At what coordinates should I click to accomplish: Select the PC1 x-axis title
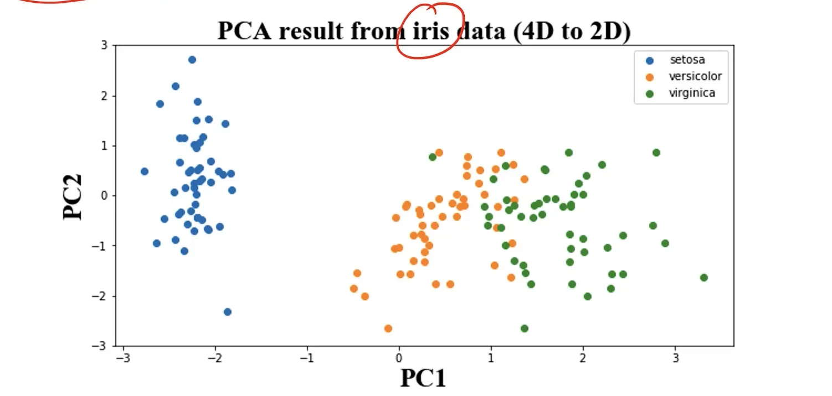point(423,378)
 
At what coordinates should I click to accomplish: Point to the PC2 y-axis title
point(73,197)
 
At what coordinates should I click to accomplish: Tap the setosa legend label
point(687,60)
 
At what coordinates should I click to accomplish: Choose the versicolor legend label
point(696,76)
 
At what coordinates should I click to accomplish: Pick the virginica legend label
point(692,93)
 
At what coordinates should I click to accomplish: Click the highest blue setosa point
point(192,60)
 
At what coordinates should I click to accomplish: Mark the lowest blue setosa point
point(227,312)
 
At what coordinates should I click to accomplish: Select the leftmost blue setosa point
point(145,171)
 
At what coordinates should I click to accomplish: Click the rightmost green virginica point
point(704,278)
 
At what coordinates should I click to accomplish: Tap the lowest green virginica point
point(525,329)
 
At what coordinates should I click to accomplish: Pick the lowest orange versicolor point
point(388,329)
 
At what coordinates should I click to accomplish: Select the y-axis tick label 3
point(105,45)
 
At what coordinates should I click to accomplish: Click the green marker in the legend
point(650,93)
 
